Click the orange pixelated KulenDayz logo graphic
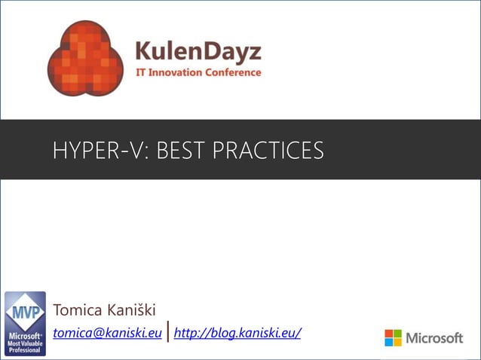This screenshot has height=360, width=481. point(84,59)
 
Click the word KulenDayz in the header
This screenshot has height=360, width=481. point(198,52)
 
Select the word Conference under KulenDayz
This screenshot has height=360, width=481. point(237,73)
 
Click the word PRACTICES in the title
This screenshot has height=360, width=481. point(268,151)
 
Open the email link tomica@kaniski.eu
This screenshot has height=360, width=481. point(107,332)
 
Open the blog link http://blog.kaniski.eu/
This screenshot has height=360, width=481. point(237,332)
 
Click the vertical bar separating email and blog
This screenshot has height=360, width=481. point(167,331)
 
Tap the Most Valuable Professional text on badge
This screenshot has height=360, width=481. point(25,346)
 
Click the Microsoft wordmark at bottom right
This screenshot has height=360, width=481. point(435,338)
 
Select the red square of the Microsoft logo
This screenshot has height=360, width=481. point(389,334)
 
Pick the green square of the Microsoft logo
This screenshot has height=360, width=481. point(398,334)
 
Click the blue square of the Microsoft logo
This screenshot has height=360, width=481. point(389,343)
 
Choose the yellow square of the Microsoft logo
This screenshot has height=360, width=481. point(398,343)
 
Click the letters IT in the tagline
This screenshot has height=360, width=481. point(139,73)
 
